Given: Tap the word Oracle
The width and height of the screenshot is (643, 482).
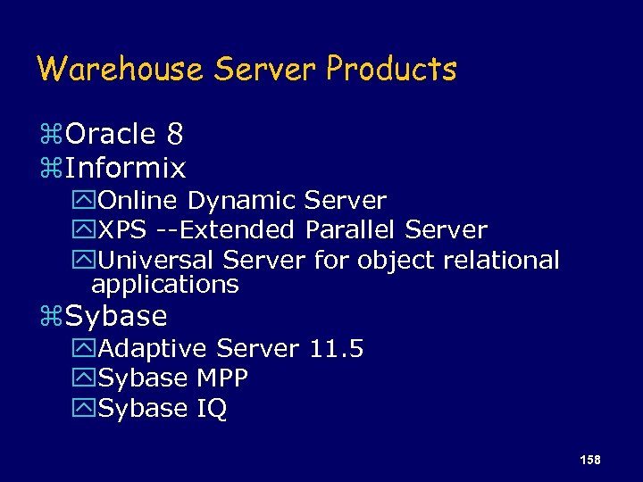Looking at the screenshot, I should coord(111,135).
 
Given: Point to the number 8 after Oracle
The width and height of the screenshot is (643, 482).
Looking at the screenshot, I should coord(175,135).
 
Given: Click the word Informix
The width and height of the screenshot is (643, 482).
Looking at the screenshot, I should coord(126,168).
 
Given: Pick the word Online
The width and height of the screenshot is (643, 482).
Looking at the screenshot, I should coord(139,201).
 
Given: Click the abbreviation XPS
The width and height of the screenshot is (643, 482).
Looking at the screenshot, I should coord(123,230).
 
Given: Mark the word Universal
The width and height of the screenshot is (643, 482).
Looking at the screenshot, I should coord(157,261).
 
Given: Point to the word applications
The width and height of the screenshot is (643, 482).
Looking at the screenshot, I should coord(165,285).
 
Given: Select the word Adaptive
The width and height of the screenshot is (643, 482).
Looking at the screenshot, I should coord(154,348).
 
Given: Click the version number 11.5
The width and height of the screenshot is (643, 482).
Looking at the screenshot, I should coord(337,348).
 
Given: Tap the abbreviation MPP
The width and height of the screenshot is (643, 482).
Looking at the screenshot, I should coord(221,378).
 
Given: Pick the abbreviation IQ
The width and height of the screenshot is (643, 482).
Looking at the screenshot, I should coord(213,409).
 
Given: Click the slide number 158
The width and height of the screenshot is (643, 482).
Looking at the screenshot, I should coord(590,460).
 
